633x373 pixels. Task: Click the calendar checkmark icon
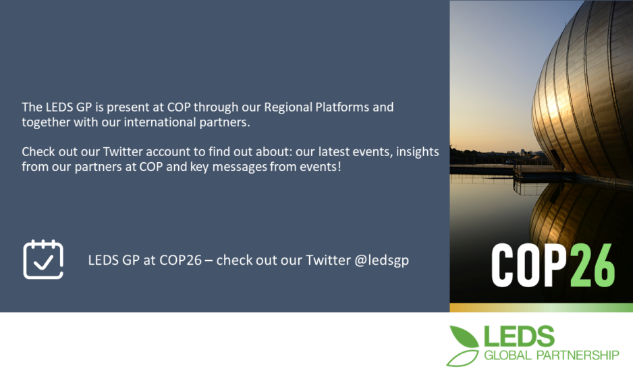click(x=43, y=259)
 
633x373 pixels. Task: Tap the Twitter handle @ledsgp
click(x=381, y=260)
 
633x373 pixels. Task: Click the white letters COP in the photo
click(x=529, y=266)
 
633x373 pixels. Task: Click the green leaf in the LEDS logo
click(x=464, y=337)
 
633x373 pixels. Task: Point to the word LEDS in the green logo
click(x=519, y=337)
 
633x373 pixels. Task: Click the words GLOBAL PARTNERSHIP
click(x=551, y=355)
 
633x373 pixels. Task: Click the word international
click(x=160, y=122)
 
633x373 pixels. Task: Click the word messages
click(x=240, y=167)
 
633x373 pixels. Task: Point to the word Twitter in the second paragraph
click(x=123, y=151)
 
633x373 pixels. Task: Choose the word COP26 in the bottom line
click(x=180, y=260)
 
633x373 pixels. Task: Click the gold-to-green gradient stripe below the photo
click(x=541, y=307)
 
